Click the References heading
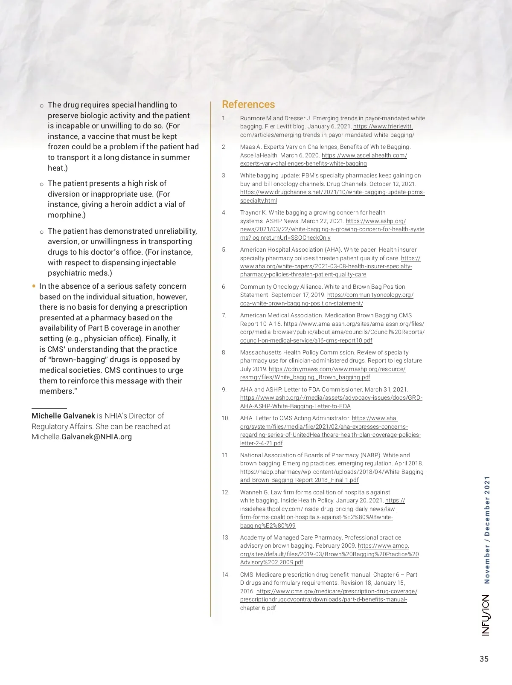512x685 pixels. coord(248,104)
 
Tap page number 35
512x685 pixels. coord(484,659)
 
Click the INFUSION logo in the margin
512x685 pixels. coord(486,615)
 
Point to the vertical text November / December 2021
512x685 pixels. coord(487,530)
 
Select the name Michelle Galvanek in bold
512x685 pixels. coord(63,416)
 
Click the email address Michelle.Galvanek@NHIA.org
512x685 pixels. coord(81,437)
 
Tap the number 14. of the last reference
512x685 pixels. coord(226,575)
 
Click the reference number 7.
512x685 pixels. coord(224,315)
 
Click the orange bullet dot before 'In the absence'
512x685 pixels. coord(34,286)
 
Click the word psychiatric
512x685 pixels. coord(65,273)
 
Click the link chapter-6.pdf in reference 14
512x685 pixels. coord(258,608)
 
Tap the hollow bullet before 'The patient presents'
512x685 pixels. coord(41,184)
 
